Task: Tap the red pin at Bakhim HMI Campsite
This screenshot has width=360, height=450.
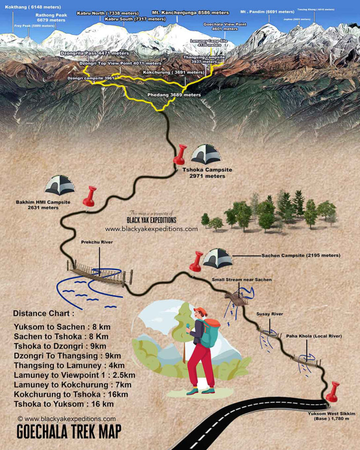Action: (x=89, y=195)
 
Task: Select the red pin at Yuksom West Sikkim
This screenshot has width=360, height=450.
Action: (x=334, y=390)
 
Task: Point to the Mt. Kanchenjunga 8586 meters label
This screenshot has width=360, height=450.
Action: (x=191, y=13)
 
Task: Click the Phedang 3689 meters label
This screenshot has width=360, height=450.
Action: (x=174, y=95)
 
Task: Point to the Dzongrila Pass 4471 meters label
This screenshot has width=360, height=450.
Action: (x=95, y=53)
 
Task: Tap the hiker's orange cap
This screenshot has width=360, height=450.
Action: (x=200, y=311)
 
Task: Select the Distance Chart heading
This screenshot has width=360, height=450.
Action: (x=44, y=313)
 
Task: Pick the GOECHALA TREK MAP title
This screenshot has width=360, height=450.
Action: (x=68, y=431)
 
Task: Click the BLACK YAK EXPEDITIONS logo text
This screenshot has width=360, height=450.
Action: (x=151, y=220)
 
